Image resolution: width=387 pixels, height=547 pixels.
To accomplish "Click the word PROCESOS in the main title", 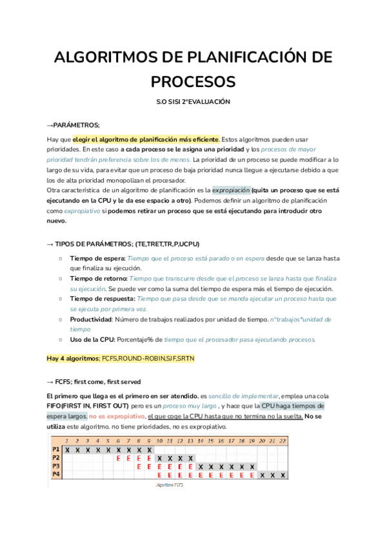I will (193, 82).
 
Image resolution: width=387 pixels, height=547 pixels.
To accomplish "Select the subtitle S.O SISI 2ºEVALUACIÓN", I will (193, 102).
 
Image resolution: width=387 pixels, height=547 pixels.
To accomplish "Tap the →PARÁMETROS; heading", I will (74, 124).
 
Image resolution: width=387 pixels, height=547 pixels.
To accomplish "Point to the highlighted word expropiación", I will (230, 191).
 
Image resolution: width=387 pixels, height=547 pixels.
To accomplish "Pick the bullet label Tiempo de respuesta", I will (103, 299).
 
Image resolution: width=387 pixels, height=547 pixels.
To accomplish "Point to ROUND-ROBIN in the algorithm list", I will (143, 358).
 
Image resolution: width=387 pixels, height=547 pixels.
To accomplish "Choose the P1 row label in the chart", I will (56, 449).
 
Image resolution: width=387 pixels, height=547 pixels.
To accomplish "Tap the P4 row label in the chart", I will (56, 475).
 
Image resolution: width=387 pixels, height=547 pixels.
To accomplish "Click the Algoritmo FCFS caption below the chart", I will (169, 484).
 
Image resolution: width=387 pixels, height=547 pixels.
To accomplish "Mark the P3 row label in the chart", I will (56, 466).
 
